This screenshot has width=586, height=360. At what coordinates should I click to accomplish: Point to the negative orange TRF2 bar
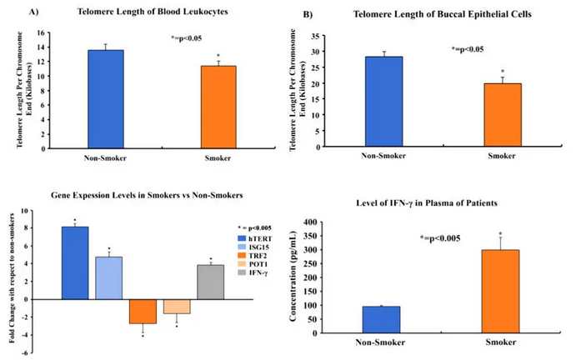(x=143, y=311)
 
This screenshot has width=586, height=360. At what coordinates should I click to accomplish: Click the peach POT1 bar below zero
(x=177, y=306)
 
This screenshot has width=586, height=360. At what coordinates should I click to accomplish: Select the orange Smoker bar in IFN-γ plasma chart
(x=499, y=291)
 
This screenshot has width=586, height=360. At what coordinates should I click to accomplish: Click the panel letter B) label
(x=308, y=16)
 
